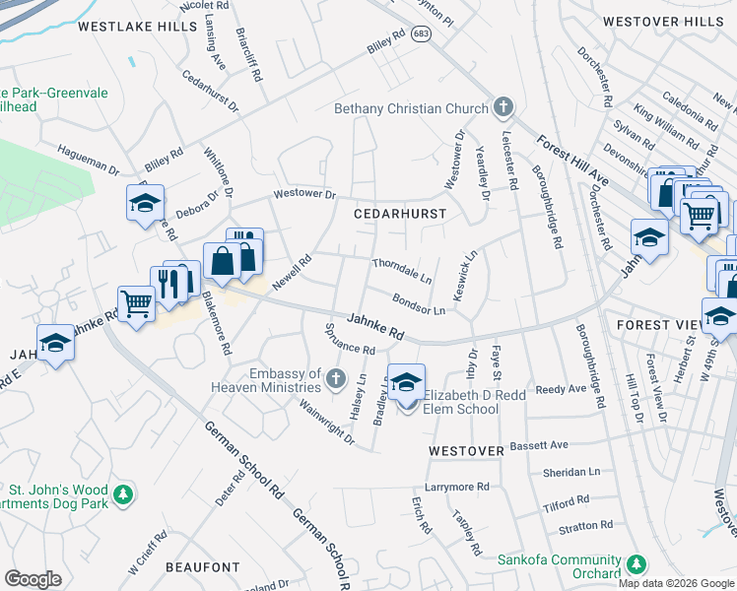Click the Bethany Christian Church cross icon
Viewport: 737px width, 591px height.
(503, 107)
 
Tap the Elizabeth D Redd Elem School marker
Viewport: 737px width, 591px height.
(406, 383)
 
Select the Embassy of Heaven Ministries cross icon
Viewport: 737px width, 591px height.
(336, 378)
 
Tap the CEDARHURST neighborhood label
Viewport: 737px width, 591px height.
(401, 213)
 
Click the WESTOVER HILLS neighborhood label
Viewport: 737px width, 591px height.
(662, 21)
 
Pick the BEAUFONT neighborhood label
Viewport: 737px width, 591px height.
(203, 567)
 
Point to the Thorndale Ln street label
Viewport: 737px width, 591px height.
(402, 271)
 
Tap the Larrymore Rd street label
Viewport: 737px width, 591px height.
(456, 487)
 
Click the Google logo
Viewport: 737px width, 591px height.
(33, 579)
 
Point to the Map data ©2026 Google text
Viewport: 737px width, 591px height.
(676, 583)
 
